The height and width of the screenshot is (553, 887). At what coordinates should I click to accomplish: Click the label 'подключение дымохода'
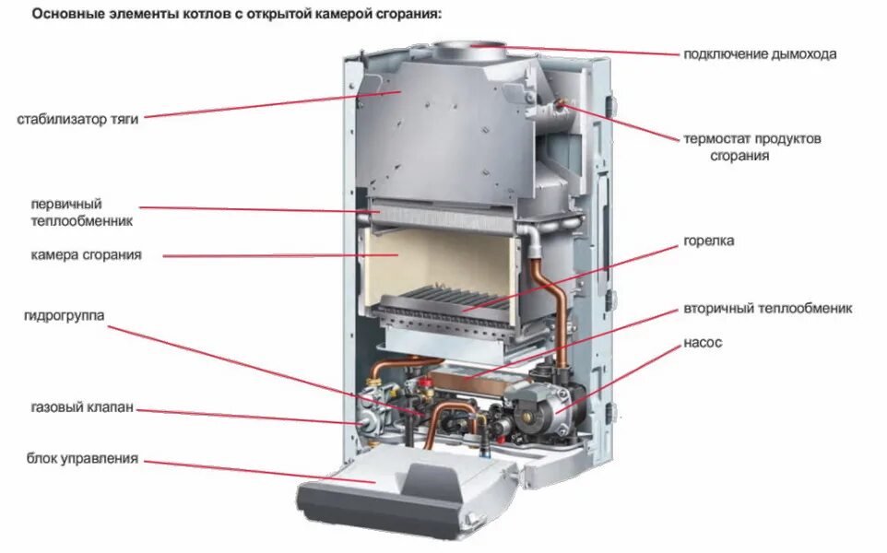point(760,53)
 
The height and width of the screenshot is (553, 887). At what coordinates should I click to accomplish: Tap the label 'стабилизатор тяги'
point(77,119)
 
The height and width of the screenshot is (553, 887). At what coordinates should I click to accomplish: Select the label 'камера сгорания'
point(86,254)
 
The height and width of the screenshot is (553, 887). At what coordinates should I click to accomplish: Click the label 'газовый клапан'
point(81,406)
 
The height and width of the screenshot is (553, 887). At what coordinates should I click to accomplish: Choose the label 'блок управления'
point(83,458)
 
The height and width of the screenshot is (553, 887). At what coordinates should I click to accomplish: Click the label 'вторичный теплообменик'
point(768,308)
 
